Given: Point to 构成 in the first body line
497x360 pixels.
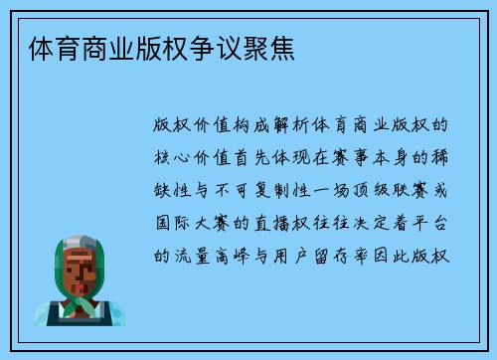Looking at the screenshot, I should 237,128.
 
